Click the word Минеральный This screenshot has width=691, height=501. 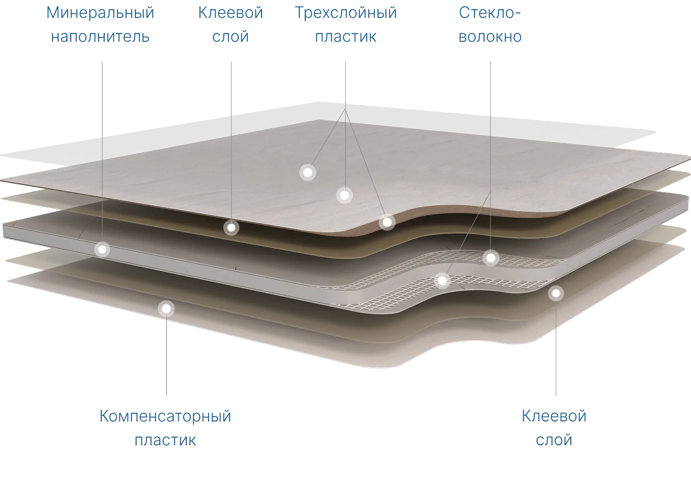pos(100,13)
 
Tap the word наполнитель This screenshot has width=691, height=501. pos(100,37)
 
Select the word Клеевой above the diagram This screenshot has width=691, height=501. pos(230,13)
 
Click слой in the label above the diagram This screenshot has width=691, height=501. pos(230,37)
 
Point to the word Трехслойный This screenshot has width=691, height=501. pos(346,13)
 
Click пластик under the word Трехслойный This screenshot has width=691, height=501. pos(346,37)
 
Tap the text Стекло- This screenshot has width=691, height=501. pos(490,13)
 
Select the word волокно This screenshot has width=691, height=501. pos(490,37)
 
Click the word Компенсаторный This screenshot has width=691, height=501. pos(165,417)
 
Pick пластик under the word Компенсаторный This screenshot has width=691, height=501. pos(165,440)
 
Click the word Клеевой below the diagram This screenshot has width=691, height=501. pos(554,417)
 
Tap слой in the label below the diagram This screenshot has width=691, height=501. pos(554,440)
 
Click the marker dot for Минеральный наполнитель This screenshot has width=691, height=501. pos(102,249)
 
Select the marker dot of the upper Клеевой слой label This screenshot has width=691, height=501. pos(231,228)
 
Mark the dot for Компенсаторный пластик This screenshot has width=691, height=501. pos(166,309)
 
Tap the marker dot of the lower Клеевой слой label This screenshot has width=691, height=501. pos(556,293)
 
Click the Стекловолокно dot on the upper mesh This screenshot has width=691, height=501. pos(491,257)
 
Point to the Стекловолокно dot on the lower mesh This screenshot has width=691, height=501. pos(442,281)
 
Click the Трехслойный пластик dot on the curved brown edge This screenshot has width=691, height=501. pos(387,222)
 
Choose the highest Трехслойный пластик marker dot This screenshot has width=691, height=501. pos(308,172)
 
